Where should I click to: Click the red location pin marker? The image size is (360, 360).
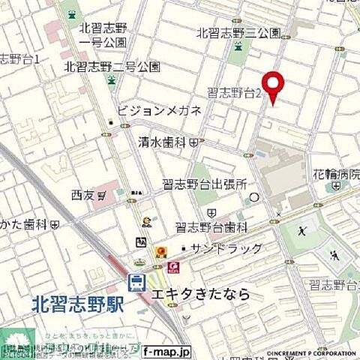(272, 85)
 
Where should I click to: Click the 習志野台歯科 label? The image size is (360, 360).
(211, 226)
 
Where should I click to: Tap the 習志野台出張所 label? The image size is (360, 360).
(205, 184)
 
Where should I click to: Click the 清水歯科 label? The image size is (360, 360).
(163, 141)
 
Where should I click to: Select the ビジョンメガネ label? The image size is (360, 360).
(159, 110)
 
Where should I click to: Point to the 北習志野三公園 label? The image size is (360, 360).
(238, 33)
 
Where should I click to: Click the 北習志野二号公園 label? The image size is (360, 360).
(112, 66)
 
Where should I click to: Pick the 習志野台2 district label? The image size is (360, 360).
(235, 93)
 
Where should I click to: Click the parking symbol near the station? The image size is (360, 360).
(140, 241)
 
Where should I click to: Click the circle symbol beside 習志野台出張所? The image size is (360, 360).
(254, 197)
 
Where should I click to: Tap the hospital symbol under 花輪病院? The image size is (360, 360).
(334, 184)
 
